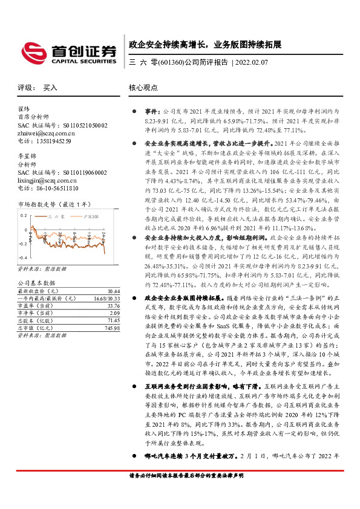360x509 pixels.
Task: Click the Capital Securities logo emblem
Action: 31,50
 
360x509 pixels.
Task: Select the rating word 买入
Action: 50,88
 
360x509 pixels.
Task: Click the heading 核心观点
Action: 143,88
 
